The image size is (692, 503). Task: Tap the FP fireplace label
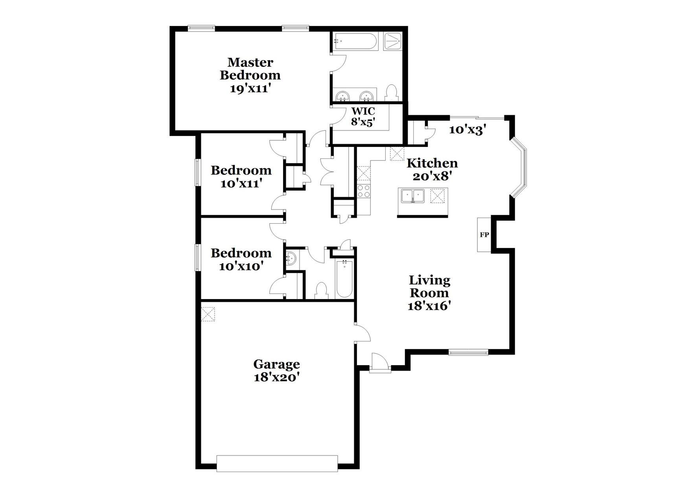(x=484, y=235)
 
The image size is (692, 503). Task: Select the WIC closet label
(x=363, y=111)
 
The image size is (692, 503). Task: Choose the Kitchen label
(x=432, y=163)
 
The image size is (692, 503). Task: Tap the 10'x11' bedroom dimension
(x=241, y=183)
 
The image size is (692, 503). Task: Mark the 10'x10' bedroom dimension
(x=241, y=266)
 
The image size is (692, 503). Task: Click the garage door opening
(x=277, y=463)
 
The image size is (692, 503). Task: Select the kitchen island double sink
(x=412, y=195)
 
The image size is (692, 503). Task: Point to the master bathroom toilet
(x=392, y=93)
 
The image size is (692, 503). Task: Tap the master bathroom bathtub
(x=355, y=41)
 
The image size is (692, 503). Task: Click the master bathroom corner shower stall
(x=392, y=41)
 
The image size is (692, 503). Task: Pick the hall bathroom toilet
(x=321, y=291)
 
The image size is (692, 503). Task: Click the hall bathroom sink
(x=291, y=259)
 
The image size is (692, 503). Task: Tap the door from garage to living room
(x=363, y=333)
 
